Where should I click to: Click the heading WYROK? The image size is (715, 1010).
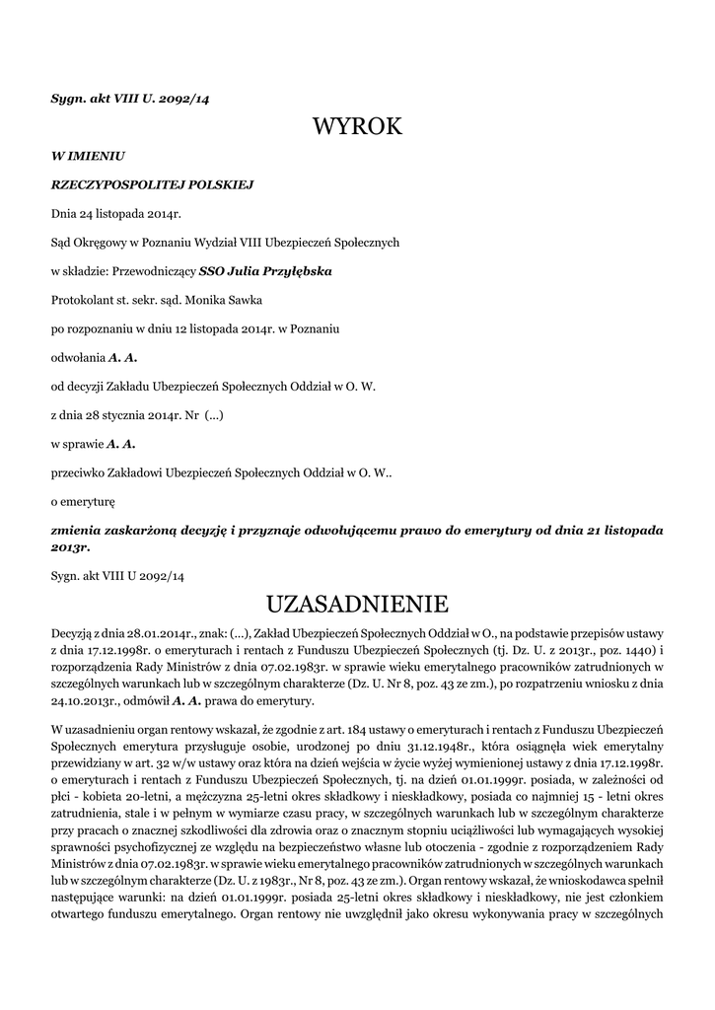(357, 126)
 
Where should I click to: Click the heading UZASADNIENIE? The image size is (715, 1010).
(357, 603)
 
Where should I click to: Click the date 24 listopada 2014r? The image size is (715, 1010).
(130, 212)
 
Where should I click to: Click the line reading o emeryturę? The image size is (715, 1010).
(84, 500)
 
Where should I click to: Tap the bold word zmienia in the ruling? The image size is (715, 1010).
(80, 529)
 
